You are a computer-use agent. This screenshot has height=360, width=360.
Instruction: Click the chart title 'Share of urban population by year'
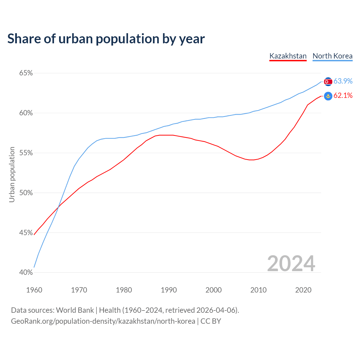(106, 39)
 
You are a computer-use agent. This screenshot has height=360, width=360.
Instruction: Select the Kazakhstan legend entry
(288, 56)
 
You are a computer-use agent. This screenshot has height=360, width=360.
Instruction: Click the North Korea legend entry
(332, 56)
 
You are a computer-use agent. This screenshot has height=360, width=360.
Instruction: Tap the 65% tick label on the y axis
(26, 73)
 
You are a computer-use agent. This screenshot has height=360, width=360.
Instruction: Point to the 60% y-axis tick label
(26, 113)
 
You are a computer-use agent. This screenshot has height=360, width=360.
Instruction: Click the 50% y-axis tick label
(26, 193)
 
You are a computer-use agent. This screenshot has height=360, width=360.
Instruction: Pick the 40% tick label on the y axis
(26, 273)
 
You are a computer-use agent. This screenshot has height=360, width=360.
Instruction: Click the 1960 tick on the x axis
(34, 290)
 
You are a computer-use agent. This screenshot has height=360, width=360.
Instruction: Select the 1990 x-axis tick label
(169, 290)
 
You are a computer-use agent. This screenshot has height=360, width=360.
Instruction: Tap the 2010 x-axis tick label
(258, 290)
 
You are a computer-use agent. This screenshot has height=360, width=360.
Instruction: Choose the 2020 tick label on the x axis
(303, 290)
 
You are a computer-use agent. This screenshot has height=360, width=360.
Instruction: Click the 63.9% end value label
(343, 81)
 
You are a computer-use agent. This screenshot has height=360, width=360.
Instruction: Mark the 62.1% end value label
(343, 96)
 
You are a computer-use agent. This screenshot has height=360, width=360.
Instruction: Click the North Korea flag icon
(328, 82)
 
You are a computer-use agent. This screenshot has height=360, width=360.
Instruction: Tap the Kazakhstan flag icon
(328, 96)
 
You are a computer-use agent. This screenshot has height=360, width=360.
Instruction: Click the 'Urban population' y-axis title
(12, 174)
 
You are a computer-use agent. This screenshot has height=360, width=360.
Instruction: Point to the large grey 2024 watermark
(291, 264)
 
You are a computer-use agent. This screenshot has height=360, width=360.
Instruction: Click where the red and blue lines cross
(58, 208)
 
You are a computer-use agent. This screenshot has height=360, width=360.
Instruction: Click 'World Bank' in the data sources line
(75, 310)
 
